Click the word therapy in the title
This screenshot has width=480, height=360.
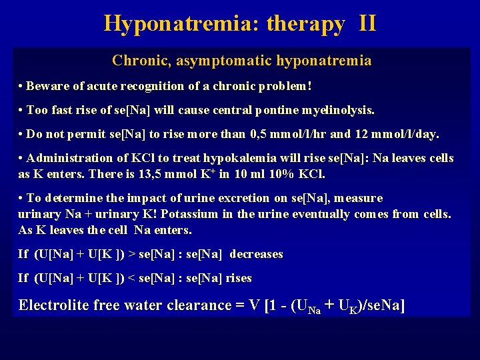point(305,24)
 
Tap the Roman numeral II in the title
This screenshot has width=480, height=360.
point(367,24)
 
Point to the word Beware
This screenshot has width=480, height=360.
point(47,87)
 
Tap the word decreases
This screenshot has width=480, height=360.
point(257,254)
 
